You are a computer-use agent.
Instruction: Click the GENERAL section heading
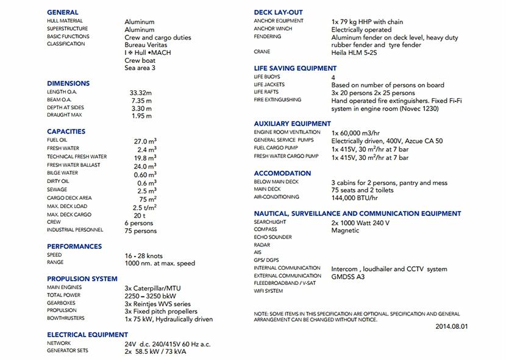pyautogui.click(x=63, y=12)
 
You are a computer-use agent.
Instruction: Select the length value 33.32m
pyautogui.click(x=141, y=92)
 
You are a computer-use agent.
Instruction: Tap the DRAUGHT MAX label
pyautogui.click(x=64, y=115)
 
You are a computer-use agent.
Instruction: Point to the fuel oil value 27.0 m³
pyautogui.click(x=145, y=141)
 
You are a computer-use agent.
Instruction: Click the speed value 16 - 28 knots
pyautogui.click(x=148, y=256)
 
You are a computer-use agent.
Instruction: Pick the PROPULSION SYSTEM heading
pyautogui.click(x=82, y=279)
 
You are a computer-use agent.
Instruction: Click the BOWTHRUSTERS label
pyautogui.click(x=66, y=319)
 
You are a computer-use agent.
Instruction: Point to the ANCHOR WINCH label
pyautogui.click(x=273, y=29)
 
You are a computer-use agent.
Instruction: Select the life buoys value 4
pyautogui.click(x=333, y=77)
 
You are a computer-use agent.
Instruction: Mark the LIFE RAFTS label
pyautogui.click(x=266, y=93)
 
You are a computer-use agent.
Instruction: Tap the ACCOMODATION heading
pyautogui.click(x=282, y=173)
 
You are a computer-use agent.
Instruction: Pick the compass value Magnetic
pyautogui.click(x=346, y=231)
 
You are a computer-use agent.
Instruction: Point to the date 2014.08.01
pyautogui.click(x=452, y=326)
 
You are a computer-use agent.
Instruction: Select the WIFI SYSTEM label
pyautogui.click(x=268, y=291)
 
